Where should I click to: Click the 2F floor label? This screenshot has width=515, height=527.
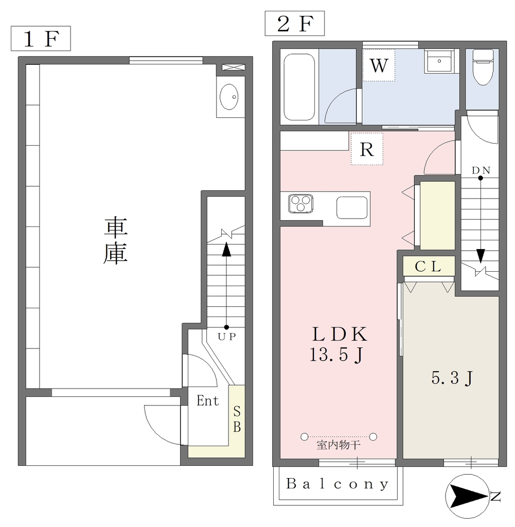295,24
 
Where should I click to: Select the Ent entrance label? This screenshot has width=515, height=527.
208,400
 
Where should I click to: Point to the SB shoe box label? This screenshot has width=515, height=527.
237,419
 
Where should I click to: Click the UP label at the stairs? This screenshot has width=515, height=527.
227,337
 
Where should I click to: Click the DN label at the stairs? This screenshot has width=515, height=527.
481,170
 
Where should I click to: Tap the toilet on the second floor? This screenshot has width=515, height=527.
483,67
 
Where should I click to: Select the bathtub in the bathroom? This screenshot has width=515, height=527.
299,86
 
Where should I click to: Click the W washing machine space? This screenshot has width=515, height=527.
379,65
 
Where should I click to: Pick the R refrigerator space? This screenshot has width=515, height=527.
367,149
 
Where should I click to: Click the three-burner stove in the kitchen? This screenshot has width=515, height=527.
300,203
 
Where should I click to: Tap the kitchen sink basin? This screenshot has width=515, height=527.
352,208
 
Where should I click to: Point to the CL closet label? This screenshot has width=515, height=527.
428,267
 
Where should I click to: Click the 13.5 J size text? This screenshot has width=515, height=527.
336,354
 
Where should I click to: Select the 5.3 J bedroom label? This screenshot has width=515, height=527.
452,378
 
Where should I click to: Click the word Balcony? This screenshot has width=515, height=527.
338,484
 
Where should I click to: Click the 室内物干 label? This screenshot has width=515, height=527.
339,445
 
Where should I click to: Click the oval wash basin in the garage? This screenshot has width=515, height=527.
229,97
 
